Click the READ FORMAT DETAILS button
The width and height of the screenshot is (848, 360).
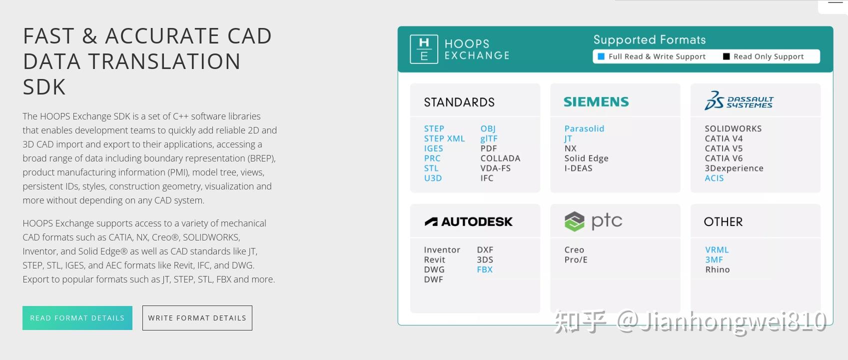pyautogui.click(x=77, y=318)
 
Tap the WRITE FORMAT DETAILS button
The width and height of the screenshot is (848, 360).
pyautogui.click(x=197, y=318)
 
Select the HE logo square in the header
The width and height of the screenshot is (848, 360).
pyautogui.click(x=424, y=49)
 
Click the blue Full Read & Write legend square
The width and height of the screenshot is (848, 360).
pyautogui.click(x=601, y=56)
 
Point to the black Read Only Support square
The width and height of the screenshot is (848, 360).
pyautogui.click(x=726, y=56)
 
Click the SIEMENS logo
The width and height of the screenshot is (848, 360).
pyautogui.click(x=596, y=101)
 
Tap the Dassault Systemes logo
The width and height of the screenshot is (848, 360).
pyautogui.click(x=739, y=101)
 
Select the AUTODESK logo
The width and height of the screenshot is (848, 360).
pyautogui.click(x=469, y=221)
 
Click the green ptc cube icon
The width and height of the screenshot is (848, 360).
pyautogui.click(x=575, y=221)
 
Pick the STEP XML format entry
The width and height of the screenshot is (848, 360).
pyautogui.click(x=444, y=138)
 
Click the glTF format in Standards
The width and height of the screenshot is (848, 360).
pyautogui.click(x=489, y=138)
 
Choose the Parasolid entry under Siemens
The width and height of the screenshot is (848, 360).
pyautogui.click(x=584, y=128)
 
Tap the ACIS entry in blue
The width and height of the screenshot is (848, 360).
pyautogui.click(x=714, y=178)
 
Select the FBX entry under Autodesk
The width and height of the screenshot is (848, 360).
pyautogui.click(x=485, y=270)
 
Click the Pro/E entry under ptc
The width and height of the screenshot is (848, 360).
pyautogui.click(x=576, y=260)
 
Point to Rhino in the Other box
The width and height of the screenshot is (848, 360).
pyautogui.click(x=718, y=270)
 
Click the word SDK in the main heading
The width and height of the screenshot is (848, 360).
pyautogui.click(x=44, y=87)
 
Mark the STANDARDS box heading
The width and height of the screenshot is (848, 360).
pyautogui.click(x=459, y=102)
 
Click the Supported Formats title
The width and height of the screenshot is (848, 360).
pyautogui.click(x=650, y=40)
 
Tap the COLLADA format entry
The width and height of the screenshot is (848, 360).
pyautogui.click(x=501, y=158)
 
